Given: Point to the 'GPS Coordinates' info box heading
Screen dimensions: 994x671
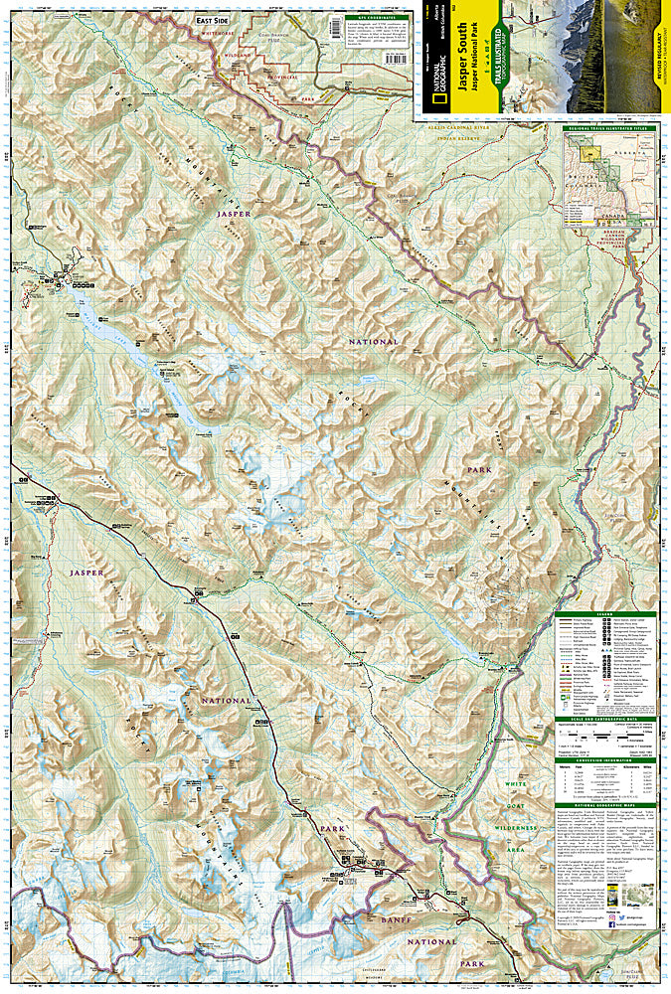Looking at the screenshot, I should pos(381,18).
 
